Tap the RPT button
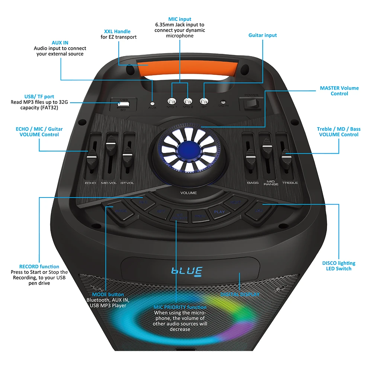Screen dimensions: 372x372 (x=161, y=211)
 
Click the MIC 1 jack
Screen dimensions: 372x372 (x=171, y=101)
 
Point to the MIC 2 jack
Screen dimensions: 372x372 (x=188, y=101)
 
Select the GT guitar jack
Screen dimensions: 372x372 (x=203, y=101)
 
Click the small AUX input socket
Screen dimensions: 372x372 (x=152, y=103)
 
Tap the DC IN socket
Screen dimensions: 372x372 (x=224, y=102)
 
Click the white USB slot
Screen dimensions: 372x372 (x=122, y=104)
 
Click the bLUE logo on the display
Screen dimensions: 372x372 (x=186, y=271)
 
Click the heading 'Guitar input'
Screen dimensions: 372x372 (x=263, y=35)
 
